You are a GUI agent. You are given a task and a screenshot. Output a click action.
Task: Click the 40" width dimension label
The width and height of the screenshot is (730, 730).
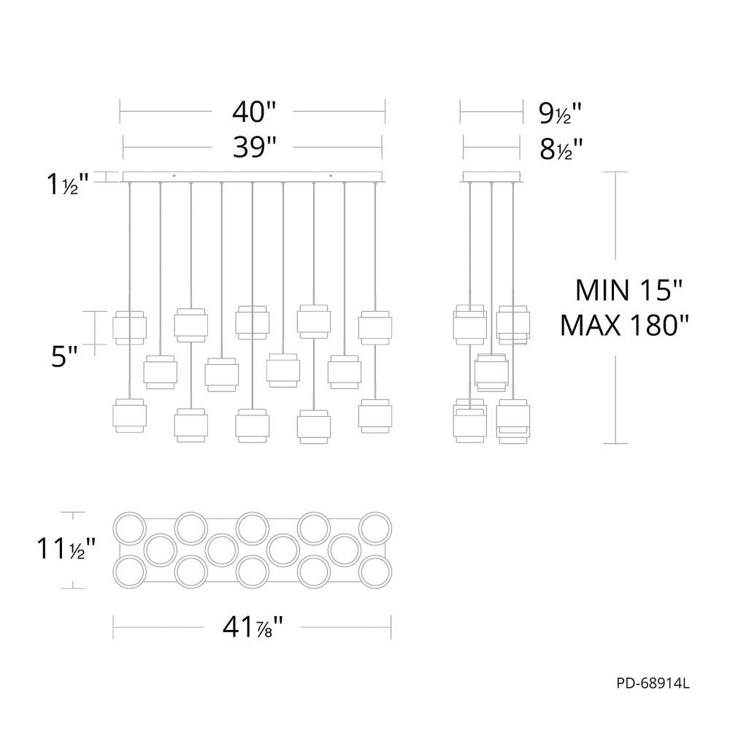point(254,112)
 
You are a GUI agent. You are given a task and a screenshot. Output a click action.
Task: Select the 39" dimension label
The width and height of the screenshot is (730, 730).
point(254,147)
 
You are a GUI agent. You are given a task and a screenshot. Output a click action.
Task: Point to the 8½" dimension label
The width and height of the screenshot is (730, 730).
point(561,150)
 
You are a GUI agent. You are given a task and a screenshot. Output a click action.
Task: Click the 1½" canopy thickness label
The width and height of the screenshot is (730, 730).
point(67,185)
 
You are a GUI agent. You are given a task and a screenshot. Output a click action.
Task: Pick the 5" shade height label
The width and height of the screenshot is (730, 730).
point(64,358)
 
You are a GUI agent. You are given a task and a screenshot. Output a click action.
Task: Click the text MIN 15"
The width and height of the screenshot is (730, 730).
point(629,290)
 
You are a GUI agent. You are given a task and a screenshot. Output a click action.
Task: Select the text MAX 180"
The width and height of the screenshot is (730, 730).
point(624,326)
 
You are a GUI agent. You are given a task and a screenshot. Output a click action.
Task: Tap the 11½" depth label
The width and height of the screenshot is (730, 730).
point(66,549)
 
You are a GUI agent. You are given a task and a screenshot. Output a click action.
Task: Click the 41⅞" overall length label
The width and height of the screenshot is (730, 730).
point(253,628)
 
